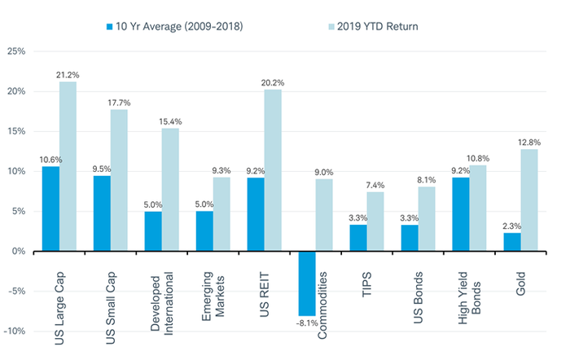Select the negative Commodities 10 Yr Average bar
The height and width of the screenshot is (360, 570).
click(306, 283)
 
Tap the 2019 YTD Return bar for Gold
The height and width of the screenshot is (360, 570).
click(528, 200)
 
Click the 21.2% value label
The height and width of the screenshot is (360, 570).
click(68, 75)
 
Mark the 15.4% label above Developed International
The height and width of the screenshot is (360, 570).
click(171, 121)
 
